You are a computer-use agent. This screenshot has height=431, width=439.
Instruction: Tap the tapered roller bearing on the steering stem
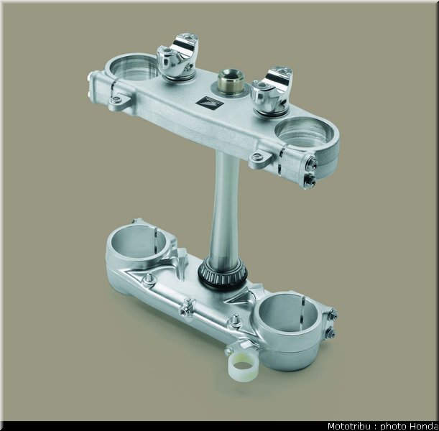pos(223,274)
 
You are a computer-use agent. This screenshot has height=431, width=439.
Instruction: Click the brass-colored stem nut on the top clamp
pos(231,81)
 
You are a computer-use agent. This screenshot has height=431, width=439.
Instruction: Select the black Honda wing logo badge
pos(209,103)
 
